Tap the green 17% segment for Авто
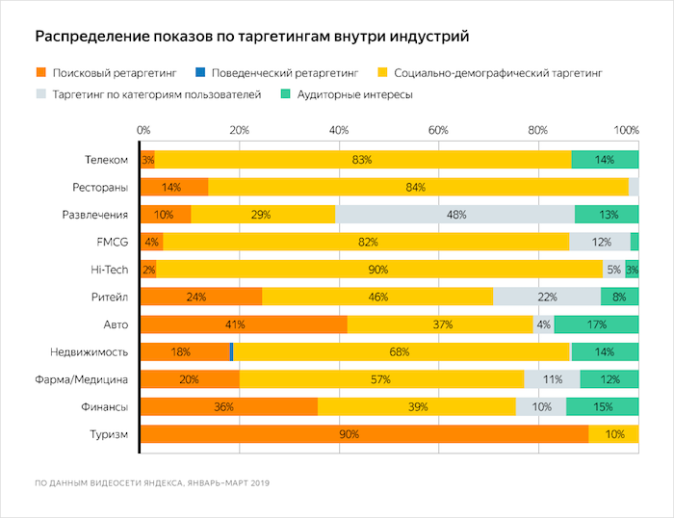click(x=596, y=324)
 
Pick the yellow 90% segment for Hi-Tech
click(x=378, y=270)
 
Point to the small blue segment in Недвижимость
click(x=232, y=352)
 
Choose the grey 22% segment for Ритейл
click(x=546, y=297)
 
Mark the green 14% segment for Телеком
click(x=605, y=159)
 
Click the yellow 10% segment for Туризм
click(x=613, y=434)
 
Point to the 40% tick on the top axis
click(x=339, y=130)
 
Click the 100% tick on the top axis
click(x=627, y=130)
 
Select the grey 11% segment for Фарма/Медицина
click(x=552, y=379)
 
